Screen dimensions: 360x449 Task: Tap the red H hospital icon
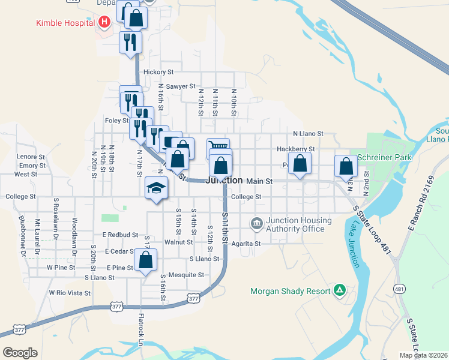pyautogui.click(x=104, y=23)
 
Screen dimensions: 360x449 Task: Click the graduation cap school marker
pyautogui.click(x=156, y=188)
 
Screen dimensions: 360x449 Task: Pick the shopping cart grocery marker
pyautogui.click(x=218, y=147)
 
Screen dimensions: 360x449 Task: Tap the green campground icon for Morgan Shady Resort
pyautogui.click(x=340, y=291)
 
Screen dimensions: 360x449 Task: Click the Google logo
pyautogui.click(x=20, y=352)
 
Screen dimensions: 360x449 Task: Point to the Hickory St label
pyautogui.click(x=158, y=72)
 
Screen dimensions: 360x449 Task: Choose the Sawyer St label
pyautogui.click(x=181, y=86)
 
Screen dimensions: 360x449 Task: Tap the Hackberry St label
pyautogui.click(x=296, y=149)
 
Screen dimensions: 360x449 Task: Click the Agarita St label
pyautogui.click(x=246, y=244)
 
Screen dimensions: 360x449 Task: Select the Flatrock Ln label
pyautogui.click(x=142, y=329)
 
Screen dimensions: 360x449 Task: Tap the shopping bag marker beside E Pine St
pyautogui.click(x=145, y=260)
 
